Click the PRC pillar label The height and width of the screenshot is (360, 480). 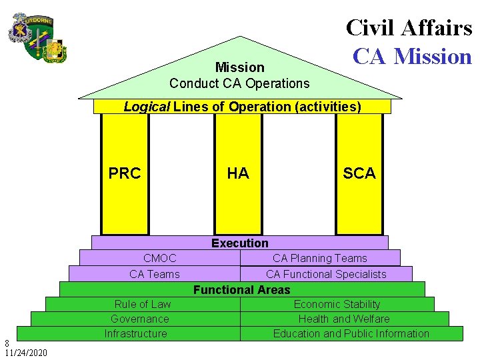(x=125, y=173)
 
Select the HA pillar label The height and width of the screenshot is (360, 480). (x=238, y=173)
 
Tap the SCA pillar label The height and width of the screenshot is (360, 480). (x=359, y=173)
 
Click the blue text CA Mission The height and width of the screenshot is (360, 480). (x=412, y=56)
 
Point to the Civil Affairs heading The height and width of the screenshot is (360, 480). (x=409, y=27)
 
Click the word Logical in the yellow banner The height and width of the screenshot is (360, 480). (x=147, y=107)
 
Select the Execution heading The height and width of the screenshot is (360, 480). (x=240, y=243)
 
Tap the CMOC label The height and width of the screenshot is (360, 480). (x=160, y=258)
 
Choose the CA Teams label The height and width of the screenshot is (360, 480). (x=155, y=274)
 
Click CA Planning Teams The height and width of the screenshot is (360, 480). (x=320, y=258)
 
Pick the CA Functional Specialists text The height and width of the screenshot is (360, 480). (x=326, y=274)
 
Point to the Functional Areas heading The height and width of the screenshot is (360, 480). (x=242, y=290)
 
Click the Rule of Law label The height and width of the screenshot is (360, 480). (x=143, y=304)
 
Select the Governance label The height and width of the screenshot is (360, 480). (x=140, y=319)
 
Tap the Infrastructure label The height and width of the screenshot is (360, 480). (x=136, y=333)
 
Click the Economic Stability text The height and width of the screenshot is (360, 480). (x=337, y=304)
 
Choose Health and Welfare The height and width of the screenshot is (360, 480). (x=344, y=319)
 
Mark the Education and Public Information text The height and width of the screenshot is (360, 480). (x=351, y=333)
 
